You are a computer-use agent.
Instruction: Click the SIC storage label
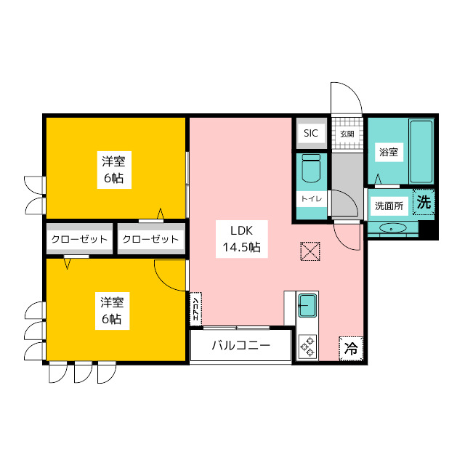click(311, 133)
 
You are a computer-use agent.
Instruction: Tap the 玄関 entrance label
click(347, 134)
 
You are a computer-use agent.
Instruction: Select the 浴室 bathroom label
click(387, 153)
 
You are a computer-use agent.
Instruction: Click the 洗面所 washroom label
click(389, 206)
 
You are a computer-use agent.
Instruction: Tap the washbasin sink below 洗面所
click(393, 229)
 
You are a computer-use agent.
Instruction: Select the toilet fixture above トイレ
click(310, 171)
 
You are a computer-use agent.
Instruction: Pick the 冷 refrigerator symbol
click(350, 349)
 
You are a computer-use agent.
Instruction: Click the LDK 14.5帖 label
click(241, 238)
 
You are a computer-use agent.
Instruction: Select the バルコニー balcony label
click(241, 345)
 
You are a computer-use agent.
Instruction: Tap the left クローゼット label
click(79, 239)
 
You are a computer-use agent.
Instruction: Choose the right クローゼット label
click(150, 239)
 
